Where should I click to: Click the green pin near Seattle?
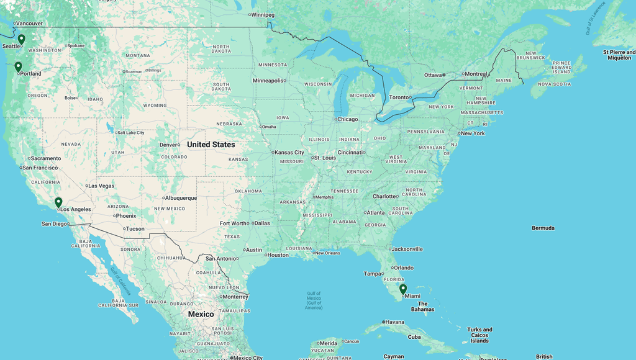(21, 39)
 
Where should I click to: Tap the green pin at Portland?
(18, 66)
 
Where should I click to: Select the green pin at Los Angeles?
(58, 202)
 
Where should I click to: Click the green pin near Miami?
(403, 289)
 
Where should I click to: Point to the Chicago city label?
(348, 119)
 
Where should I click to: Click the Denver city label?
(168, 145)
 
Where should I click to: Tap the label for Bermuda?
(543, 228)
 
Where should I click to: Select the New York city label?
(473, 133)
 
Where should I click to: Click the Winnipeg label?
(263, 15)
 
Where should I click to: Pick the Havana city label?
(395, 322)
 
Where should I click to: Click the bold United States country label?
(211, 145)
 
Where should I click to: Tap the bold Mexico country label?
(201, 314)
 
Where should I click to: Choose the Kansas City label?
(289, 152)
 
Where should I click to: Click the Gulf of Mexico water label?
(314, 300)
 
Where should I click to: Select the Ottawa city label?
(434, 75)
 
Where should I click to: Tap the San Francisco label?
(41, 168)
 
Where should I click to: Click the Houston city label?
(278, 255)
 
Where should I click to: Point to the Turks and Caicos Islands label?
(479, 335)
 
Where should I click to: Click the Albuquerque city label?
(181, 198)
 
